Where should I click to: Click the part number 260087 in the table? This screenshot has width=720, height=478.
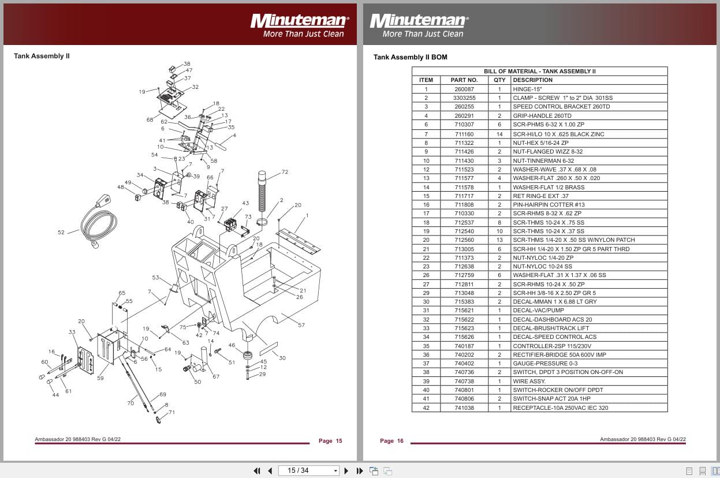[464, 89]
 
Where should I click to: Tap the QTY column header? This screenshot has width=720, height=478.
[499, 80]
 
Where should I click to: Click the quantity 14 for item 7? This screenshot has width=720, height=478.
[499, 134]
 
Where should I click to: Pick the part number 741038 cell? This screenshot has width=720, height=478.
[464, 408]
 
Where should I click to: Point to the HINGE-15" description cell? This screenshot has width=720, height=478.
[527, 89]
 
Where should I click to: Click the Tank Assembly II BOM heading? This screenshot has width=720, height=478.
[410, 57]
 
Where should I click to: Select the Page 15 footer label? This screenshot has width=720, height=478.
[330, 441]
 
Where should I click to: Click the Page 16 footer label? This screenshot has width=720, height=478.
[391, 441]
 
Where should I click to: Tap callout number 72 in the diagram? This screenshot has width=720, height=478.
[285, 172]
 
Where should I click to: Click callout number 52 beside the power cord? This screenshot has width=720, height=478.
[61, 233]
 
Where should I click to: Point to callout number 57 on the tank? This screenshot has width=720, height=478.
[301, 326]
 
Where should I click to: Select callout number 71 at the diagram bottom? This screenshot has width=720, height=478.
[171, 413]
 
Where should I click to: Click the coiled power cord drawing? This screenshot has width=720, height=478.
[98, 222]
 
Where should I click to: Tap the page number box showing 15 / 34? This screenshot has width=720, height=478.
[309, 470]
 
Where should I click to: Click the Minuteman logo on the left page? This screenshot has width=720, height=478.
[299, 21]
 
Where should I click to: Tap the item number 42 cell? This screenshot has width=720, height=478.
[426, 408]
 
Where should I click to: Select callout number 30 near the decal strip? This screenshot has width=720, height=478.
[282, 358]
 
